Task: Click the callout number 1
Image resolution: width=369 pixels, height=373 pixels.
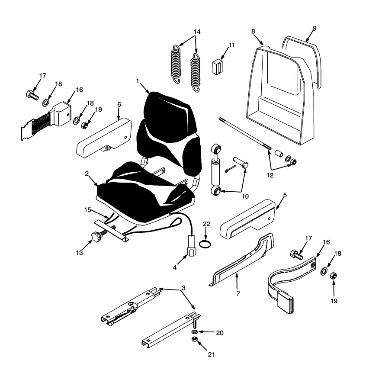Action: (x=138, y=81)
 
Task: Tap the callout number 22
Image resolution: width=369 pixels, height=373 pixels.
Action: (x=206, y=223)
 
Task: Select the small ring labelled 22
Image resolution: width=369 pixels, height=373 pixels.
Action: (x=206, y=244)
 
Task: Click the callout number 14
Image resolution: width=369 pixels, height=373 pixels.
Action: (x=197, y=32)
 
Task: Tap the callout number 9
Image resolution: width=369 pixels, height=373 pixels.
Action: (x=314, y=29)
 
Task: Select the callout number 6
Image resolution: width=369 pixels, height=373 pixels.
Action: (x=119, y=104)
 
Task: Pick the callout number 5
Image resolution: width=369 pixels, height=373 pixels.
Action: (x=284, y=195)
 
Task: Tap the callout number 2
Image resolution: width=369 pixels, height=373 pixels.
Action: (x=87, y=173)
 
